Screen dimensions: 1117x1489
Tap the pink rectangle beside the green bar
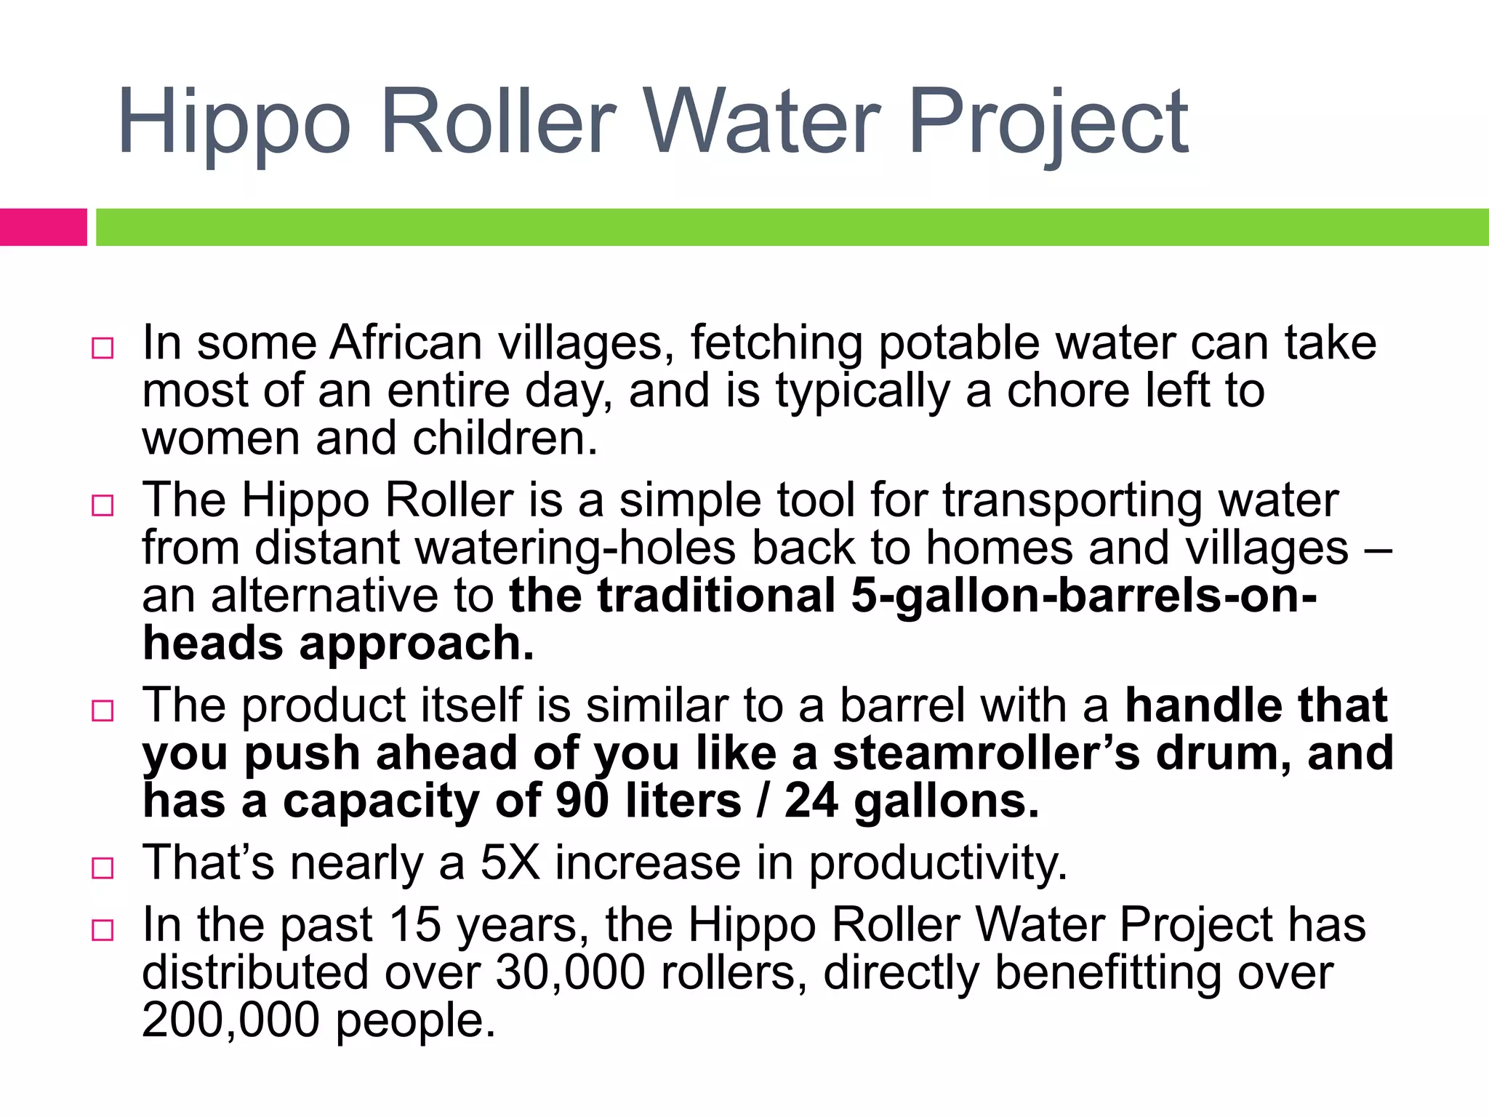coord(43,227)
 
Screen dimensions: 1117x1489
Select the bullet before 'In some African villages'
coord(103,348)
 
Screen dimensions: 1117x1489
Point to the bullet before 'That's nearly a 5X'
coord(103,868)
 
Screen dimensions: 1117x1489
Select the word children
coord(505,439)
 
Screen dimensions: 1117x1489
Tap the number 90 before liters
coord(582,801)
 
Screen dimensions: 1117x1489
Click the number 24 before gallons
coord(811,801)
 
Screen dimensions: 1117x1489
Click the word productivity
coord(938,863)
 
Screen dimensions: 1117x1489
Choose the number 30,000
coord(570,973)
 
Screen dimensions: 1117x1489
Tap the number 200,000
coord(230,1021)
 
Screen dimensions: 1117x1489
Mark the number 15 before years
coord(415,925)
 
